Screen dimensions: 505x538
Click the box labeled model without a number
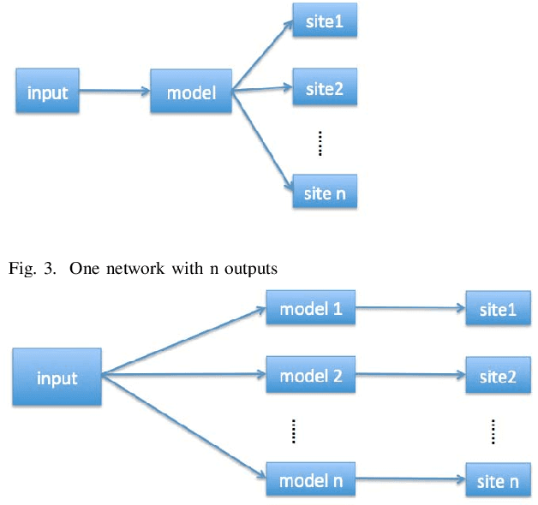(x=192, y=92)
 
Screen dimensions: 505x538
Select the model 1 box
(x=311, y=308)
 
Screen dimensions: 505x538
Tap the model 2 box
(x=311, y=374)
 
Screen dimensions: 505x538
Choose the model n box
(x=311, y=479)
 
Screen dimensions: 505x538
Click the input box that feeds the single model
(x=48, y=92)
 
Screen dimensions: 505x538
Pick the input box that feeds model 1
(x=57, y=377)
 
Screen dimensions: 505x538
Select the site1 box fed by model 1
(x=498, y=309)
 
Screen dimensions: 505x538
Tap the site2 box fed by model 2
(x=498, y=375)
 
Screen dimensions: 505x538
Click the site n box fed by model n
(x=498, y=480)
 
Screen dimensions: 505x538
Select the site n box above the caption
(x=324, y=193)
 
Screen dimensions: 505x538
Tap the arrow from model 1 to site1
(x=410, y=309)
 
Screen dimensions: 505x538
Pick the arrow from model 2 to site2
(x=410, y=375)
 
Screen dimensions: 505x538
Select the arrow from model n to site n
(x=410, y=480)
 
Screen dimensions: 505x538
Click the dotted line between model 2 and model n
(x=294, y=428)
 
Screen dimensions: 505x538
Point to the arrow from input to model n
(x=184, y=425)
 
